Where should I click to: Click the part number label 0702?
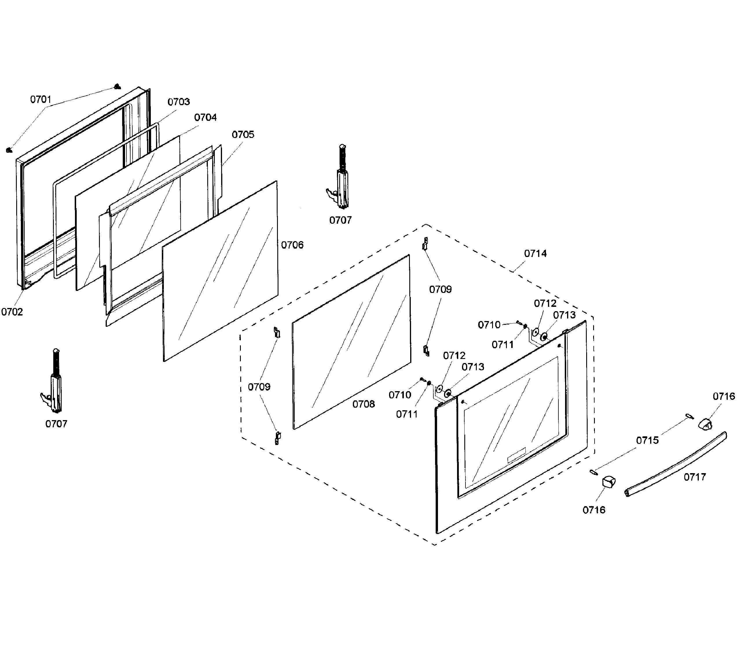tap(12, 312)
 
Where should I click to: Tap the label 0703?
tap(179, 102)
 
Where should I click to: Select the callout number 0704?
tap(205, 117)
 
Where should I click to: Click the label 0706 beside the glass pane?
tap(292, 245)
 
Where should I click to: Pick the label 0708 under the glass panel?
tap(364, 404)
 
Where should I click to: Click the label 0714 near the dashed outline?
tap(535, 254)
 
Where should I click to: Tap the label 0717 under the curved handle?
tap(694, 477)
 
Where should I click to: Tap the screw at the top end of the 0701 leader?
tap(117, 87)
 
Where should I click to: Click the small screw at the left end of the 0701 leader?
tap(9, 150)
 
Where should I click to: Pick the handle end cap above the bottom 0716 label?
tap(609, 482)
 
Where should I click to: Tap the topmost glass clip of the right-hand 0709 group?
tap(425, 244)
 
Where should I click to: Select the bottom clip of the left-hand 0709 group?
tap(278, 438)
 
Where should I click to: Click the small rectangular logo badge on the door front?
tap(516, 455)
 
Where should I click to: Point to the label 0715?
tap(647, 440)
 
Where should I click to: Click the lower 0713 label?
tap(473, 367)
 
